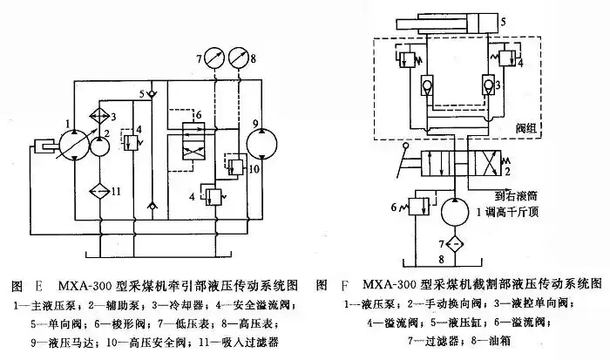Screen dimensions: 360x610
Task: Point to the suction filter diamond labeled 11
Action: (101, 190)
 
